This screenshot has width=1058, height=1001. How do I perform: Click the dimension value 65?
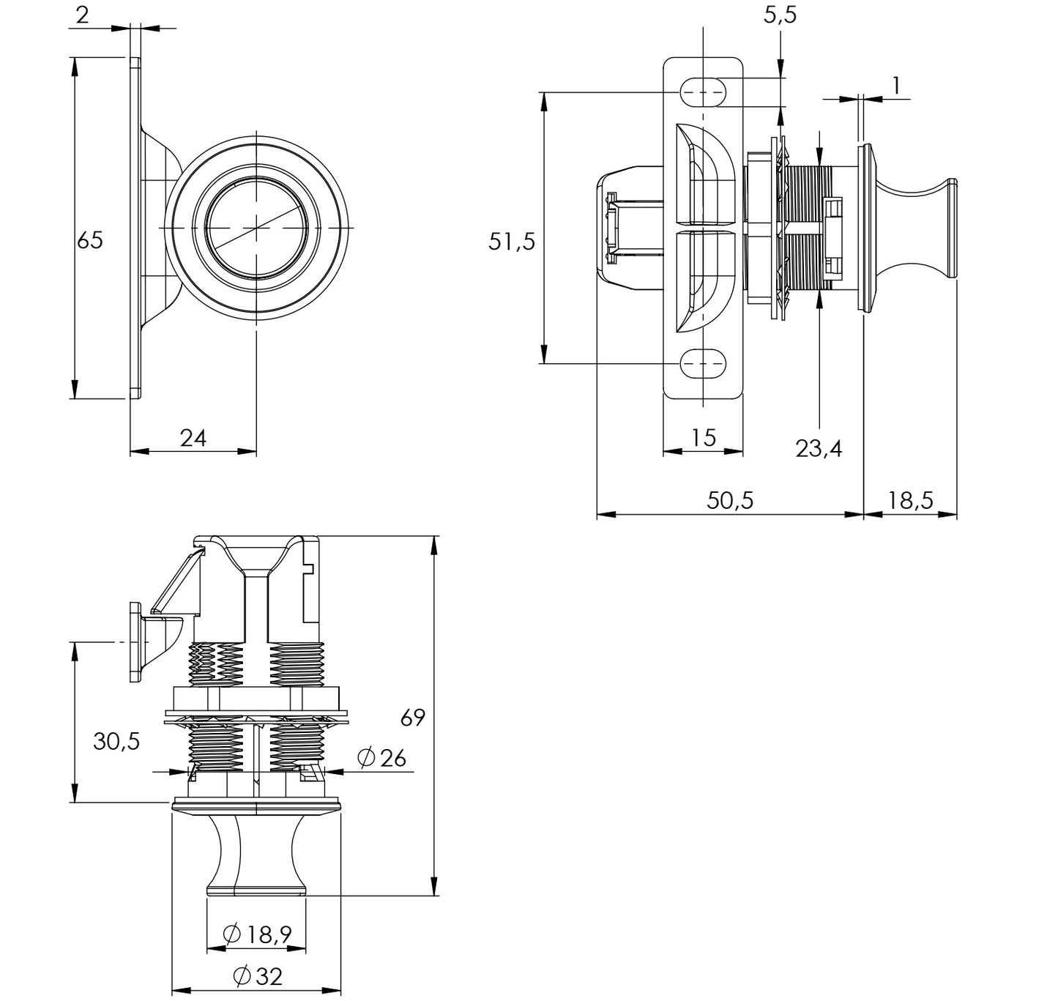[x=90, y=240]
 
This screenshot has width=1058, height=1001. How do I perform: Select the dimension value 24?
[x=193, y=438]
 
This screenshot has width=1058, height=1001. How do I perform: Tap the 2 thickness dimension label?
[x=82, y=15]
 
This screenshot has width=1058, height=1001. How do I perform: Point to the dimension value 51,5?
[x=512, y=241]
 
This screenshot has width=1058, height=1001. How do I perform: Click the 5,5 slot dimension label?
[x=780, y=15]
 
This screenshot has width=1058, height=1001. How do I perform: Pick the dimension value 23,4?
[x=819, y=448]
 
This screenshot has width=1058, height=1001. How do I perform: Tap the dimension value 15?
[x=703, y=438]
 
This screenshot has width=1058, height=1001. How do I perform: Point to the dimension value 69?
[x=413, y=718]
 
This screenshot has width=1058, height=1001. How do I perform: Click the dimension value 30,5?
[x=116, y=742]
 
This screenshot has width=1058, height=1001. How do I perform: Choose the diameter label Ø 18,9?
[x=257, y=934]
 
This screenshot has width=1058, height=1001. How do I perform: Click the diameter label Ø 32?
[x=257, y=976]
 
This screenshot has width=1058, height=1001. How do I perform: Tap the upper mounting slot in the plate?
[x=703, y=92]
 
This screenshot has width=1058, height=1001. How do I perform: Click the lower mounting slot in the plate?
[x=703, y=362]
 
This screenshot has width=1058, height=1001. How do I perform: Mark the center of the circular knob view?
[x=256, y=228]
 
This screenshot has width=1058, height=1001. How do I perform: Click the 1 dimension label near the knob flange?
[x=895, y=86]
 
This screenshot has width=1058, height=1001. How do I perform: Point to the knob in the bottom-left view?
[x=256, y=853]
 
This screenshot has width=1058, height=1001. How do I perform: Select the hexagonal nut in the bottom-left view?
[x=256, y=699]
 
